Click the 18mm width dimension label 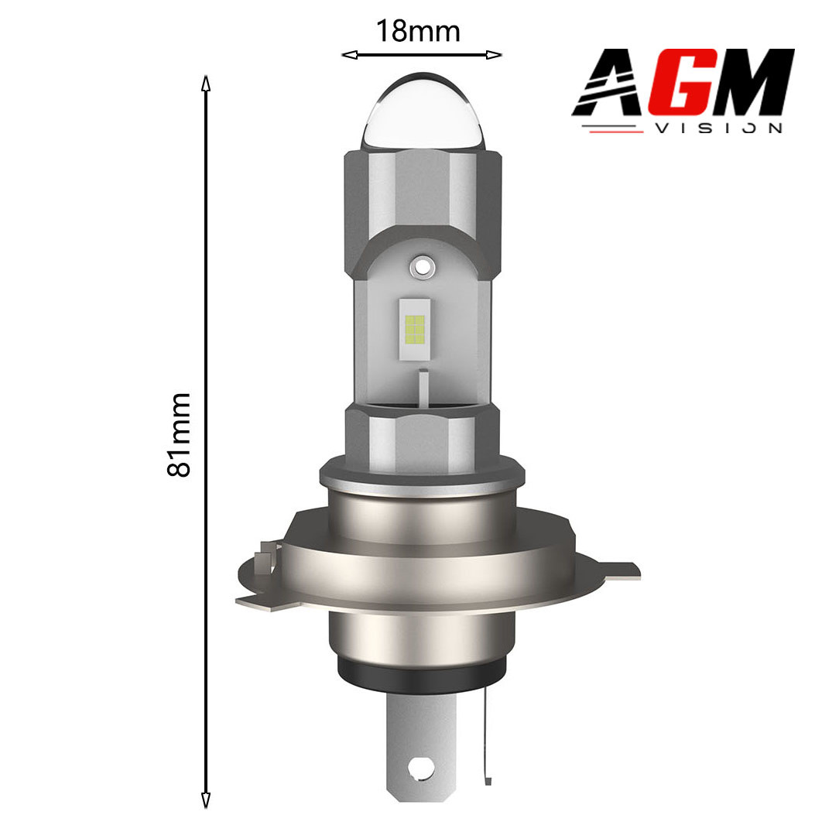pos(418,32)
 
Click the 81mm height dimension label pos(179,434)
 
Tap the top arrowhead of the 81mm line pos(206,82)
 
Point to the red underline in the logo pos(616,130)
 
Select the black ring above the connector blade pos(422,678)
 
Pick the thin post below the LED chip pos(423,386)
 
